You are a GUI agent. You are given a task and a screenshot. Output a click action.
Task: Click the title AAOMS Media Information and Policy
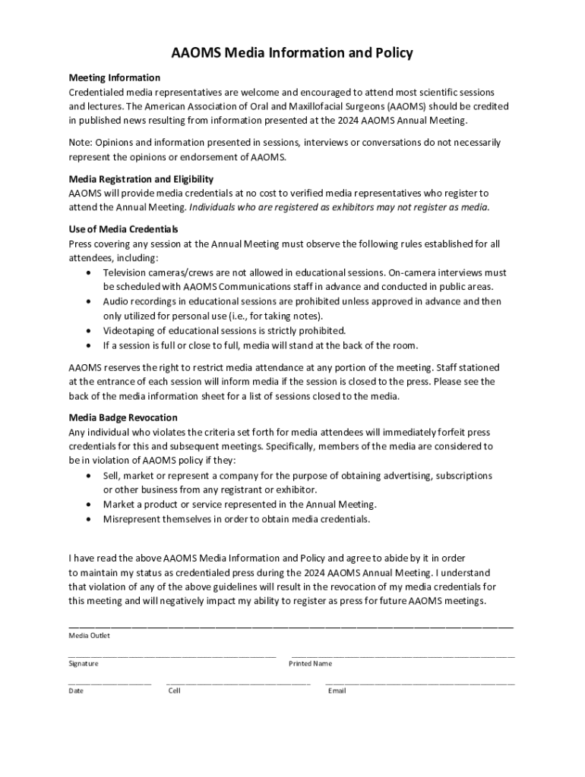292,53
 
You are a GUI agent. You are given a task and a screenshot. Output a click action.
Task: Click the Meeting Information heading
114,77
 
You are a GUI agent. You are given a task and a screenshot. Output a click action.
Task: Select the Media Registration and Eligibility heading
141,179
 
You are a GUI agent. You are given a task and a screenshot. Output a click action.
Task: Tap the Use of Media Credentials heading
123,229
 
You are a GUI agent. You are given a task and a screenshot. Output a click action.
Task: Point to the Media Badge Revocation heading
123,417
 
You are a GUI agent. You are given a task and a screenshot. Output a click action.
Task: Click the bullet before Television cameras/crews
90,272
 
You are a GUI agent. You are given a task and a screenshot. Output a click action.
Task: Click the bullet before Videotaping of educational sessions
90,331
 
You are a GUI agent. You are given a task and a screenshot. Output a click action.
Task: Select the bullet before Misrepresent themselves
90,519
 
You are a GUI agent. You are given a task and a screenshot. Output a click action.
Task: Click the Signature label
83,663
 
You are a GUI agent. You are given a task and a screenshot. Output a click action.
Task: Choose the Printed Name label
310,663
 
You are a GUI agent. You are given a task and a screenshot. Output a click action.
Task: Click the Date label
76,690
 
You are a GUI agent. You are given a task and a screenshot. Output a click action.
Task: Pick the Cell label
175,690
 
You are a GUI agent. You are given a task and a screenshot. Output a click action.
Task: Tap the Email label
337,690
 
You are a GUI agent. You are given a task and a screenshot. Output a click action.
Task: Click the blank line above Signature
172,655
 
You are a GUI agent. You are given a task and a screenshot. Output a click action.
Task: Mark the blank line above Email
419,683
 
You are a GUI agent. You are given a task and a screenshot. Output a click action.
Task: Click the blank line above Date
109,683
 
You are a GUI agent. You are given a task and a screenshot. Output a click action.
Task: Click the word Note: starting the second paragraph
81,143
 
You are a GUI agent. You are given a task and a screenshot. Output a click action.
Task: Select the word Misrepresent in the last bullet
132,519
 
